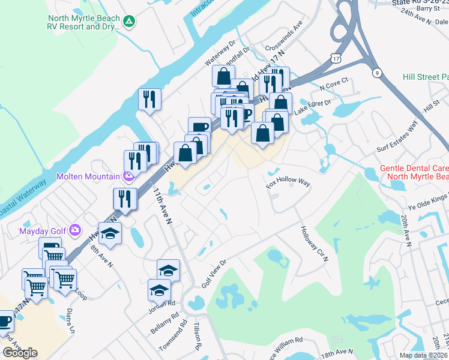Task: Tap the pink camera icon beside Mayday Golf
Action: (x=75, y=229)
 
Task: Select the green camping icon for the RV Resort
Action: (x=128, y=22)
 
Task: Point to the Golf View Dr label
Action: (x=214, y=274)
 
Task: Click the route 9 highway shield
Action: (x=377, y=73)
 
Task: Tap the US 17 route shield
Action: (x=336, y=56)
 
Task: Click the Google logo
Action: (x=20, y=353)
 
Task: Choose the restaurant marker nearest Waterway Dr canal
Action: (x=149, y=100)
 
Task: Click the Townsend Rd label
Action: (x=169, y=340)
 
